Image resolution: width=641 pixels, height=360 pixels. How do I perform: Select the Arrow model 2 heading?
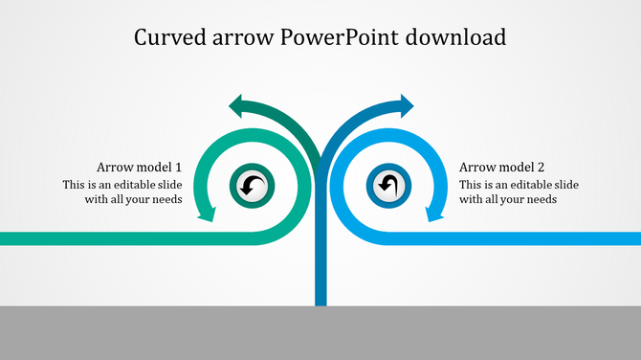[x=501, y=167]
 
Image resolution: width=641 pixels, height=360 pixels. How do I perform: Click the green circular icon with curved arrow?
[x=253, y=186]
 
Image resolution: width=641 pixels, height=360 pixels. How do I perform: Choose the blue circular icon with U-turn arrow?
[x=387, y=186]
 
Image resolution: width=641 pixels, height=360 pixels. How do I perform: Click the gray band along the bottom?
[x=320, y=333]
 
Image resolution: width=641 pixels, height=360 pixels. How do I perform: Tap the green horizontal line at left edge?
[x=38, y=238]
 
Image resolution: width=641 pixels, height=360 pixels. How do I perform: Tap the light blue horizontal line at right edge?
[x=603, y=238]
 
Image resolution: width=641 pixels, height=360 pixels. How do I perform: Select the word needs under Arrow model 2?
[x=541, y=200]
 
